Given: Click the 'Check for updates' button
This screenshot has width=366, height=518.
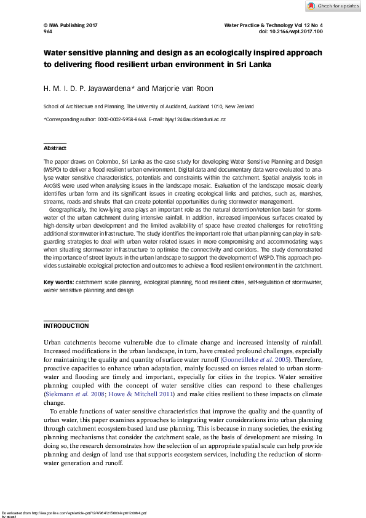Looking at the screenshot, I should [333, 6].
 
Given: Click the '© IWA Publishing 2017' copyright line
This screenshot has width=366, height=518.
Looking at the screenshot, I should [71, 25].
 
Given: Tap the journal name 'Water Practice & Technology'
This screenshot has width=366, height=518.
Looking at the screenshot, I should [262, 25].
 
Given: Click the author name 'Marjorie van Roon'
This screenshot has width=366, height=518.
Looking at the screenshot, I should [187, 89].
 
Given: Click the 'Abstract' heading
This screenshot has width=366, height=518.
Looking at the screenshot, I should [55, 148].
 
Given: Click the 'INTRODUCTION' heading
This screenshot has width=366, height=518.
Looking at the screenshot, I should [66, 325].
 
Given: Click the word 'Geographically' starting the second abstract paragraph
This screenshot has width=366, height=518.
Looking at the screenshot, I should [70, 210].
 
